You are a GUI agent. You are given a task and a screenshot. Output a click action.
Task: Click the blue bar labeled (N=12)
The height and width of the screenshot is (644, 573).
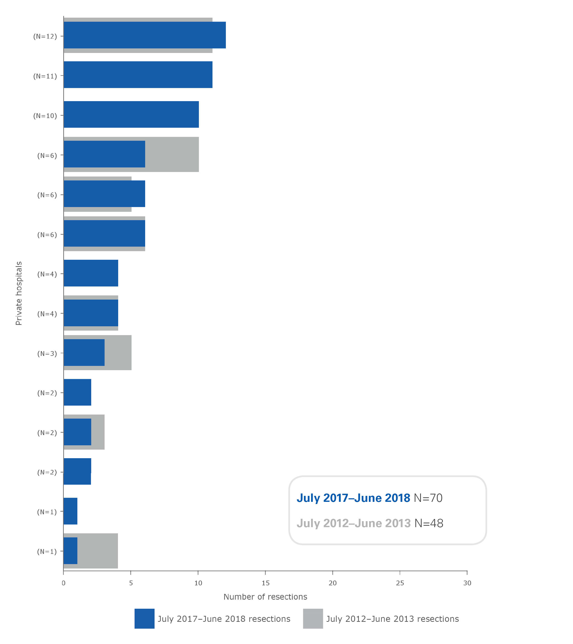point(144,35)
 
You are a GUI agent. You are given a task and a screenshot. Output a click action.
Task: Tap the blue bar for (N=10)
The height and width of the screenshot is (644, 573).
point(131,114)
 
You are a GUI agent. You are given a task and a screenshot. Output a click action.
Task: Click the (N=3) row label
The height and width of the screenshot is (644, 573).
point(47,353)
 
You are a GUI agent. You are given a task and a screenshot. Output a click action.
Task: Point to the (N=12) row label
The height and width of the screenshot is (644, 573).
point(45,36)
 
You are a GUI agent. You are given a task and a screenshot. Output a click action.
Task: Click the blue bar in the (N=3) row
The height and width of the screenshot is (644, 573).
point(84,353)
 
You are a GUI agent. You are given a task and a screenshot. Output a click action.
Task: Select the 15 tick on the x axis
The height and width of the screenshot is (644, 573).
point(265,583)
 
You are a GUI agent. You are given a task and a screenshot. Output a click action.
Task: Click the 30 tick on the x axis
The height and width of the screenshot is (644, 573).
point(467,583)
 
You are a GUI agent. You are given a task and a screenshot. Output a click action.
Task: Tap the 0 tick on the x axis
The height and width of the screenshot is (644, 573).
point(63,583)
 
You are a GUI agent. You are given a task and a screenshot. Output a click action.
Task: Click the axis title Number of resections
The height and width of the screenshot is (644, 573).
point(265,597)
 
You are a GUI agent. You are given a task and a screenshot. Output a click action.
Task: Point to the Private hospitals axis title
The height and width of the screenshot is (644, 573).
point(19,293)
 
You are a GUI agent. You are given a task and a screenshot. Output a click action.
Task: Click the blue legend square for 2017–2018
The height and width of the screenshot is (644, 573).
point(144,618)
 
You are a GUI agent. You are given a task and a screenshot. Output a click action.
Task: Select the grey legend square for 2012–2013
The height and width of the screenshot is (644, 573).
point(313,618)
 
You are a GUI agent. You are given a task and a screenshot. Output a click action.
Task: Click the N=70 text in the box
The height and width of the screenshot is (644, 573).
point(428,498)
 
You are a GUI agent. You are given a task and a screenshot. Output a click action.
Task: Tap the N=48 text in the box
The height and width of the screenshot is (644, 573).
point(429,523)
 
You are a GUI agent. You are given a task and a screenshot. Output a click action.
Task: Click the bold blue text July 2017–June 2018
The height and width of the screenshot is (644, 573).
point(353,498)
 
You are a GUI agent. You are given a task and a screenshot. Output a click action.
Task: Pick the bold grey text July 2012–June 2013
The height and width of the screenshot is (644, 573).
point(354,523)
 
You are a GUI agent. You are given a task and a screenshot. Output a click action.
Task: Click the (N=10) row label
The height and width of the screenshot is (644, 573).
point(45,116)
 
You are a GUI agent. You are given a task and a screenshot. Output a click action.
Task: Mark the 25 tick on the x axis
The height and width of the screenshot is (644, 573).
point(400,583)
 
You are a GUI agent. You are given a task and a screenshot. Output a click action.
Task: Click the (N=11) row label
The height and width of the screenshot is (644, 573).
point(45,76)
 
